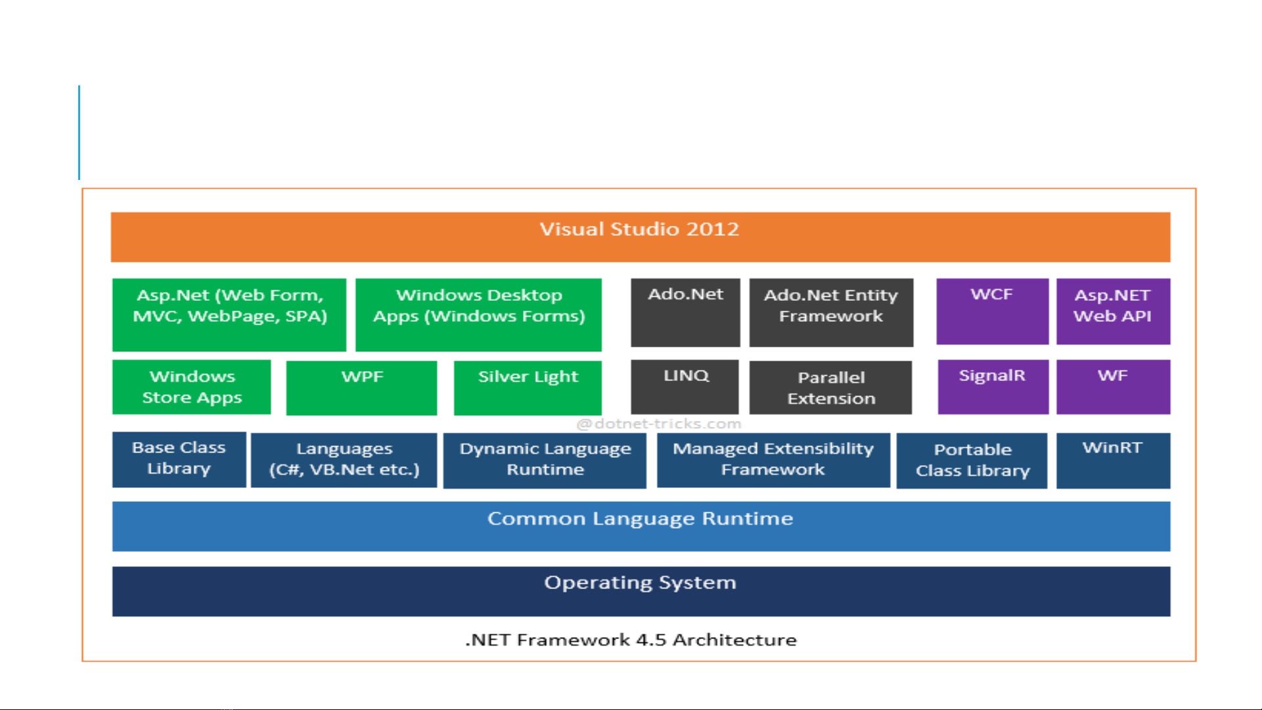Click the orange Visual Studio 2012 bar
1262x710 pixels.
(640, 236)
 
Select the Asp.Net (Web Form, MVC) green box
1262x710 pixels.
(229, 315)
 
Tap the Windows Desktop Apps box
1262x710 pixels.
(478, 315)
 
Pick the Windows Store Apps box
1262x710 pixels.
(191, 387)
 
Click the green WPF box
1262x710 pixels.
(361, 388)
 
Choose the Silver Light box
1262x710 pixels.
(528, 388)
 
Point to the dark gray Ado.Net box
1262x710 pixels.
(685, 312)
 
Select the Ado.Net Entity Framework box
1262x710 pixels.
(831, 312)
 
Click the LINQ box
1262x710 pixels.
(685, 386)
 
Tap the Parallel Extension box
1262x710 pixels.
(830, 388)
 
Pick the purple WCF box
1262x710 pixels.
(992, 311)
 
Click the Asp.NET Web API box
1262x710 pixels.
(1113, 311)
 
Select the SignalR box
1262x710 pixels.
(993, 386)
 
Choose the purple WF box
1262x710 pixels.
(1113, 386)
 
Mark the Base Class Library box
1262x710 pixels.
(179, 459)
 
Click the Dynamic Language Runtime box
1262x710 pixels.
(545, 460)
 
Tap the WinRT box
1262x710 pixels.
(1113, 460)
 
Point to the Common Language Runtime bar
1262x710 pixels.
(641, 526)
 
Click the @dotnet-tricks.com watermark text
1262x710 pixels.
(659, 424)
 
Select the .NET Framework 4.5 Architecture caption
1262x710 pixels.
(631, 640)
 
